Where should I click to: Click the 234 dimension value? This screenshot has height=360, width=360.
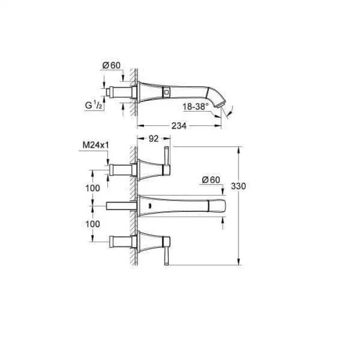pyautogui.click(x=179, y=125)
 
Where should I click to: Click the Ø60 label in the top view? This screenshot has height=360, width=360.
pyautogui.click(x=111, y=65)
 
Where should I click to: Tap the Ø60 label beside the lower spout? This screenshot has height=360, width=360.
pyautogui.click(x=211, y=179)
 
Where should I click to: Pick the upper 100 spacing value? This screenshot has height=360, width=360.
pyautogui.click(x=93, y=188)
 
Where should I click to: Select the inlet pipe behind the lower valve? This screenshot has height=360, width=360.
pyautogui.click(x=121, y=241)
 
